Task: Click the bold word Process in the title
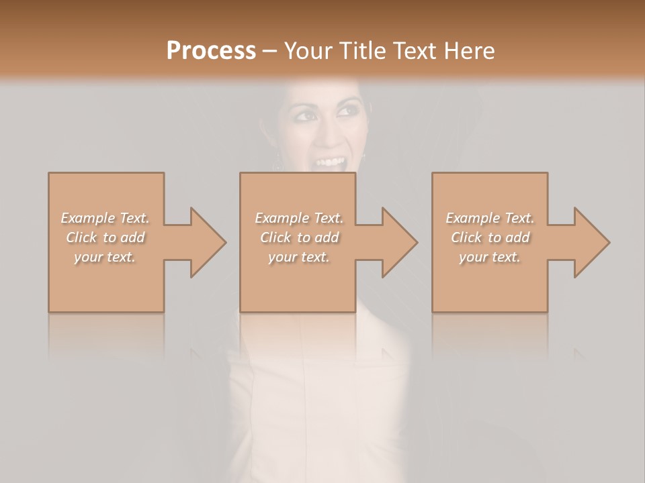click(211, 51)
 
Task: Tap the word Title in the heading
click(361, 51)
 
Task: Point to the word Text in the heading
click(414, 51)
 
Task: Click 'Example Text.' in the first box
click(105, 218)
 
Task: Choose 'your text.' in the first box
click(105, 257)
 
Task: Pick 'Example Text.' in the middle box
click(299, 218)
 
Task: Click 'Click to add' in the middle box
click(299, 237)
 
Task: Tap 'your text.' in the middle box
click(299, 257)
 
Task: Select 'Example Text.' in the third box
click(490, 218)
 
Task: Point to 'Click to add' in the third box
click(490, 237)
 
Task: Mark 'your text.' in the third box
click(490, 257)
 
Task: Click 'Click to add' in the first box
click(105, 237)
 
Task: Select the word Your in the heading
click(308, 51)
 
